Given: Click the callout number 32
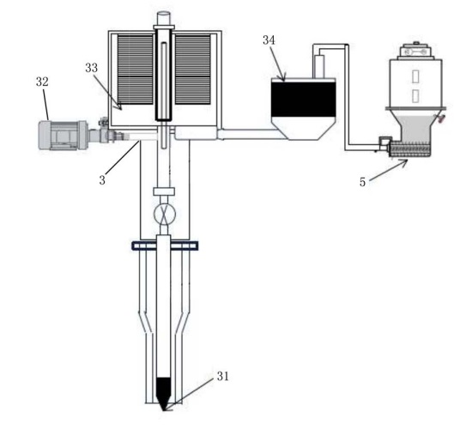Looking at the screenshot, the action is [42, 82].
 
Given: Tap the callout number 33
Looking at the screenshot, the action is [92, 68].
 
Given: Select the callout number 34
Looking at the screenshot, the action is [269, 40].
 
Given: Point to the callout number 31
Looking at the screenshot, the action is [223, 376].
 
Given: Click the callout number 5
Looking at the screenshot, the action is [362, 182].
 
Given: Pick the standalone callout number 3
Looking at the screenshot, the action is [102, 180].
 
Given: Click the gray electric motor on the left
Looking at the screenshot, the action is [64, 136].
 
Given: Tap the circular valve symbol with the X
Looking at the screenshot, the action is [165, 215].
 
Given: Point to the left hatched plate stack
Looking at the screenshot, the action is [136, 70].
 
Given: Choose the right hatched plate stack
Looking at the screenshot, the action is [192, 70].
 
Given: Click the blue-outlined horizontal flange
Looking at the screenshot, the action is [165, 245].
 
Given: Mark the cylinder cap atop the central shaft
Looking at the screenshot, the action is [163, 18].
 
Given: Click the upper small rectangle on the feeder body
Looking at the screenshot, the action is [415, 76].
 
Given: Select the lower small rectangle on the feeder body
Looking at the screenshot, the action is [415, 95].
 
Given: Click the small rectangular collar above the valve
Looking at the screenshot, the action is [164, 191].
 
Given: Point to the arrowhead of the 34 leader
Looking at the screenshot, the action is [283, 77].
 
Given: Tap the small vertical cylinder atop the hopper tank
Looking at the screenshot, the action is [319, 67].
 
